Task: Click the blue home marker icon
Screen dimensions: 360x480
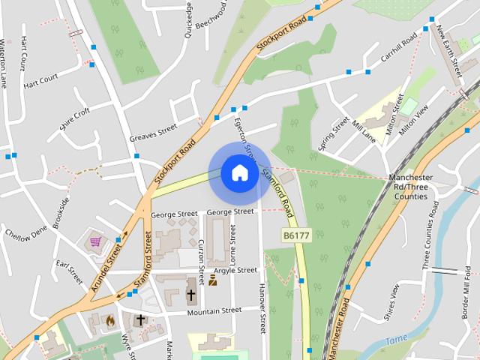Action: [239, 173]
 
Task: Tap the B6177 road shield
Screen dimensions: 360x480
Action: [298, 235]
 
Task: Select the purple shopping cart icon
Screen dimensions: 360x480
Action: [96, 241]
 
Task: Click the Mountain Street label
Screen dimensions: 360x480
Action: [214, 310]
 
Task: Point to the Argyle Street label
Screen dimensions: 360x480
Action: [235, 270]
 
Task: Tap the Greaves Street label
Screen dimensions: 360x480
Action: [152, 133]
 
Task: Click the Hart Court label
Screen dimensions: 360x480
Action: [40, 81]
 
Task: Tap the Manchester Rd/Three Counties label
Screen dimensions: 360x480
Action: [409, 187]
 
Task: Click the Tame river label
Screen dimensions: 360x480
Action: [395, 340]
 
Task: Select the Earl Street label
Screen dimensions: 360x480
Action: [70, 272]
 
